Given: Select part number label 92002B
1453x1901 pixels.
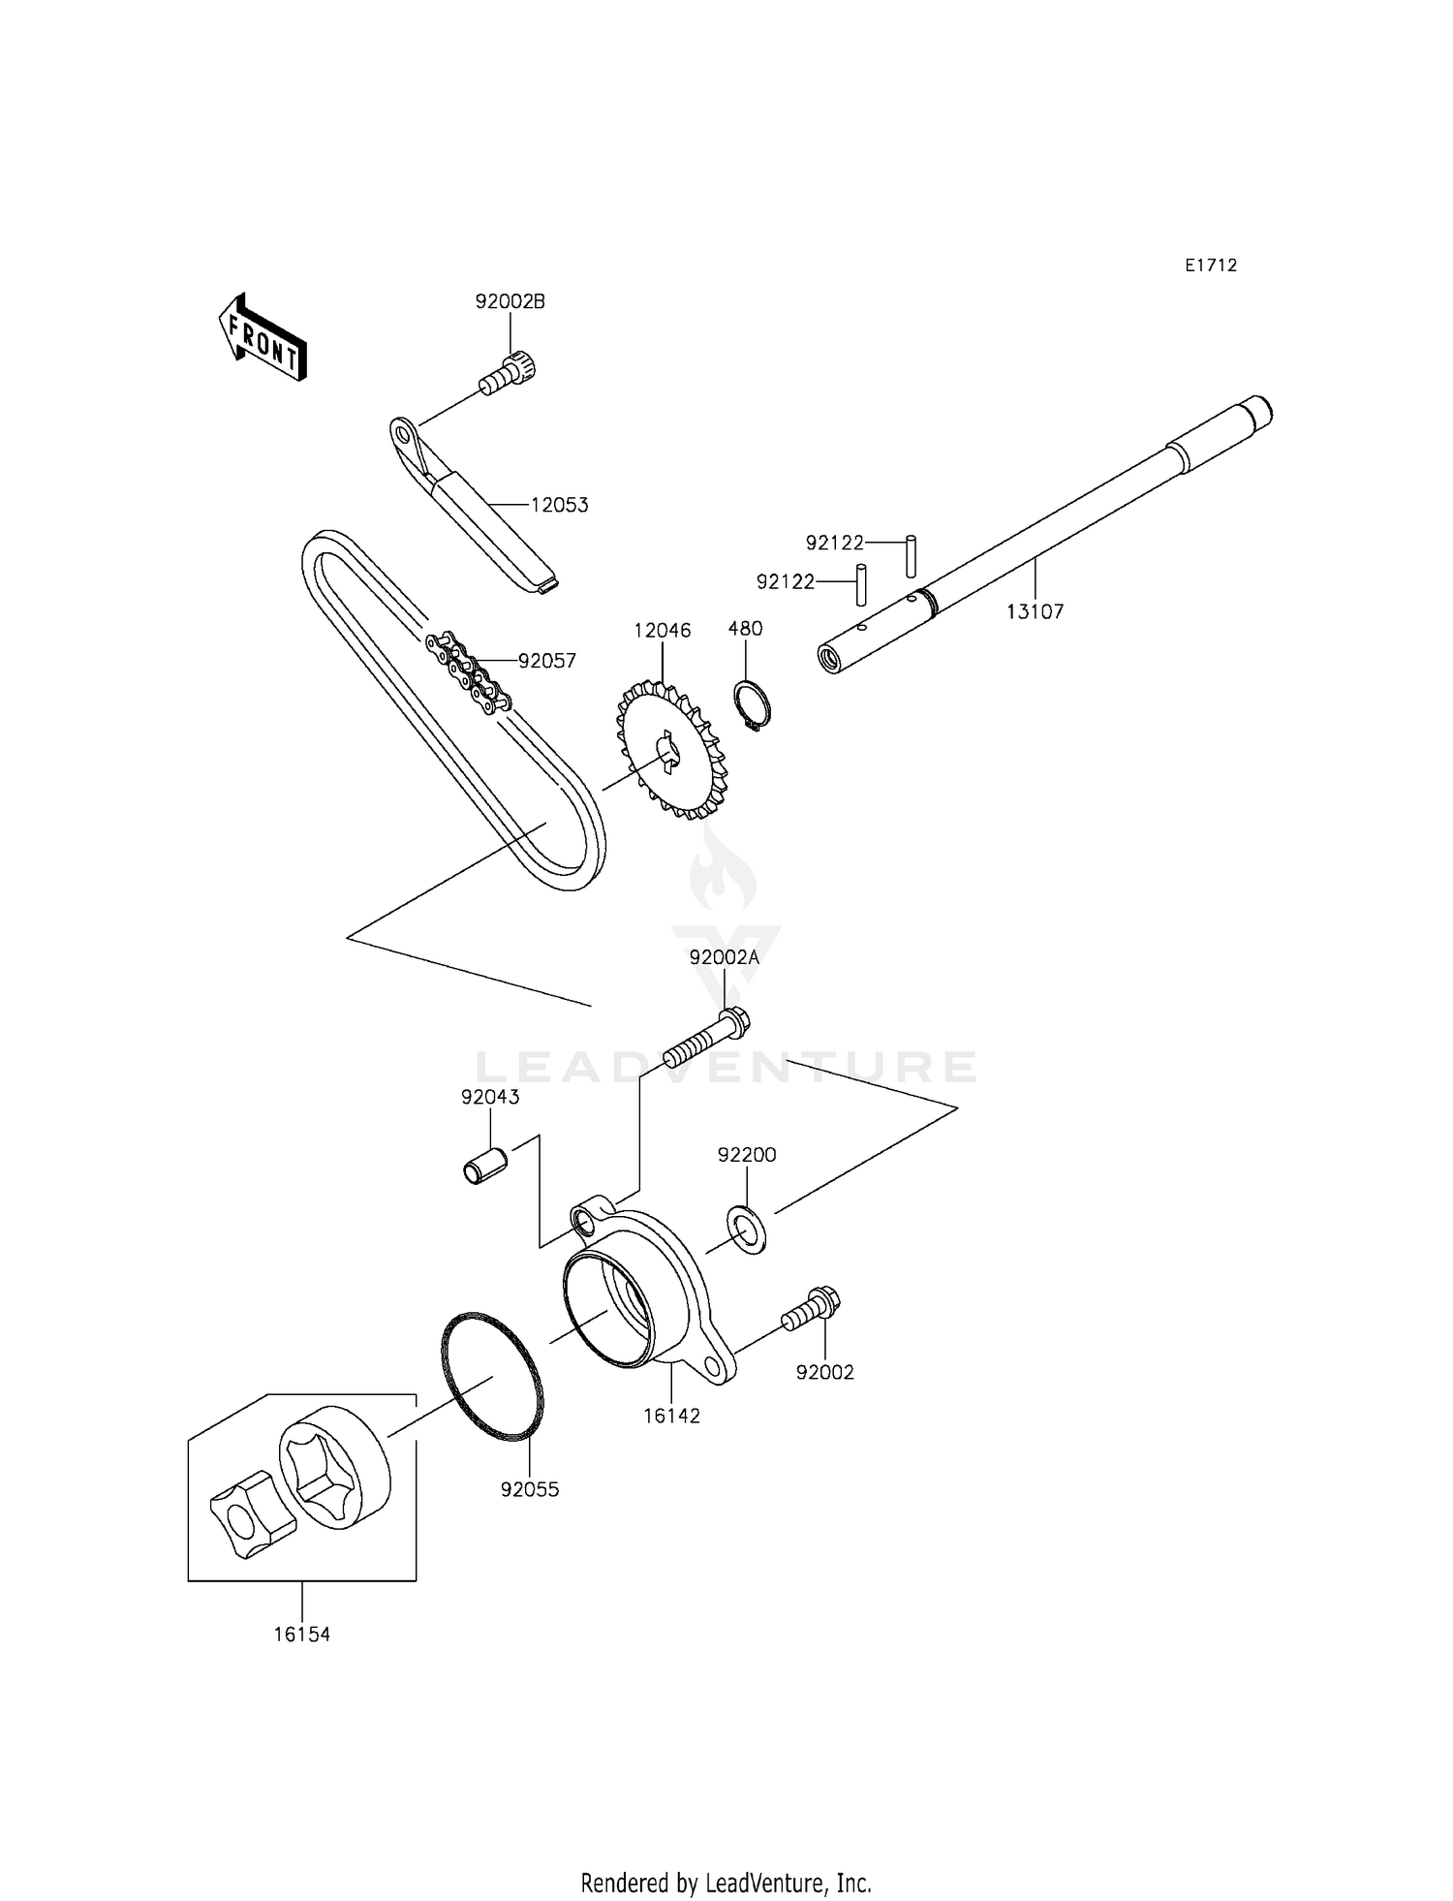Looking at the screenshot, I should click(x=510, y=301).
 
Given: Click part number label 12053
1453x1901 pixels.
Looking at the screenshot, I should click(x=559, y=505).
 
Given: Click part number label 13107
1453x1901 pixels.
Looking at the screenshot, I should click(x=1035, y=611).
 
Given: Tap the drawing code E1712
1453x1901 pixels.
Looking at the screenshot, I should click(x=1211, y=265).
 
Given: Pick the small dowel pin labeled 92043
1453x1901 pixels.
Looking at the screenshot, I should click(x=485, y=1165).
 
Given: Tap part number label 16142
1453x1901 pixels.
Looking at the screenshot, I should click(x=671, y=1416).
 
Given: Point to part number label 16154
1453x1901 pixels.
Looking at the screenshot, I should click(x=301, y=1635).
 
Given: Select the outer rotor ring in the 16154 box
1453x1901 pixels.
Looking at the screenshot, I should click(x=335, y=1467).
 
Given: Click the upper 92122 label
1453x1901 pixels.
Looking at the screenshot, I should click(x=834, y=543).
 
